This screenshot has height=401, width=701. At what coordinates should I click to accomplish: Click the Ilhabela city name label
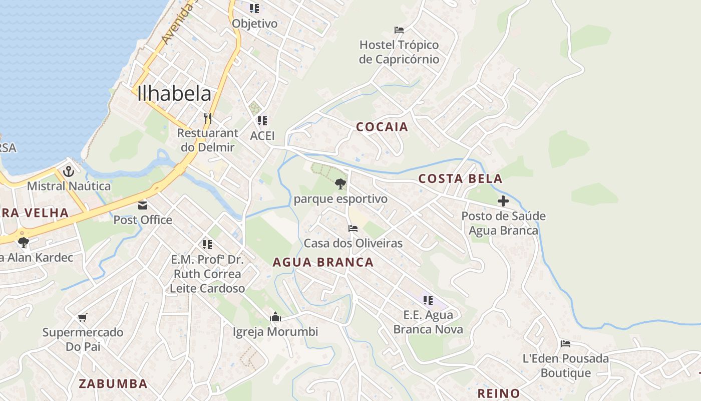[x=174, y=94]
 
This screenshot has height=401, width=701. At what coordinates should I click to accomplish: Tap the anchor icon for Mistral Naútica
[x=68, y=172]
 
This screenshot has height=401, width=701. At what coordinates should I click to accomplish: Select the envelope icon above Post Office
[x=143, y=206]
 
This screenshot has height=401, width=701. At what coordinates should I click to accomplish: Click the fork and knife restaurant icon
[x=207, y=118]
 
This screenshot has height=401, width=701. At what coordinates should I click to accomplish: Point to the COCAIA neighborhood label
[x=382, y=127]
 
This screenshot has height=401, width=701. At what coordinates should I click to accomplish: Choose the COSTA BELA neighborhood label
[x=460, y=179]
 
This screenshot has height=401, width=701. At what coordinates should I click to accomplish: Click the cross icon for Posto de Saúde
[x=503, y=202]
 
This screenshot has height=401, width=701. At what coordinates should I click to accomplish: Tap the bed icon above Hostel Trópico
[x=399, y=30]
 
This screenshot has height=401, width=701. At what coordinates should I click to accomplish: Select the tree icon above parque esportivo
[x=340, y=184]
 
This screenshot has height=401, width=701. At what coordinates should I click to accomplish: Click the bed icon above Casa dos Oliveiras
[x=353, y=229]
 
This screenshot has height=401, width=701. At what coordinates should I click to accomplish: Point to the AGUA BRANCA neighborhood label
[x=323, y=262]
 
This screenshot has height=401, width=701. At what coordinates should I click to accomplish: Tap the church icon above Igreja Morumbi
[x=275, y=317]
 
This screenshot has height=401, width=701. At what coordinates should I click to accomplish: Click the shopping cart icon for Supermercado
[x=83, y=317]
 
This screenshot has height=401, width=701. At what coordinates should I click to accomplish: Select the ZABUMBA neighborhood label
[x=113, y=384]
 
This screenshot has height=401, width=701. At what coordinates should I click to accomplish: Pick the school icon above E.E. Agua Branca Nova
[x=428, y=300]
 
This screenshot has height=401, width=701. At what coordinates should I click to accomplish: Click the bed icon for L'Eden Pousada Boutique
[x=566, y=344]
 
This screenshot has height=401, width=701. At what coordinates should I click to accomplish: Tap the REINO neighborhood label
[x=498, y=393]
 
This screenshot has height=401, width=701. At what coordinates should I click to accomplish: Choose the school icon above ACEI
[x=262, y=121]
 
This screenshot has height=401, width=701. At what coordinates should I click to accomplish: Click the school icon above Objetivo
[x=254, y=9]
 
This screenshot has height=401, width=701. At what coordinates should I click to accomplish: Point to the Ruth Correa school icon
[x=207, y=245]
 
